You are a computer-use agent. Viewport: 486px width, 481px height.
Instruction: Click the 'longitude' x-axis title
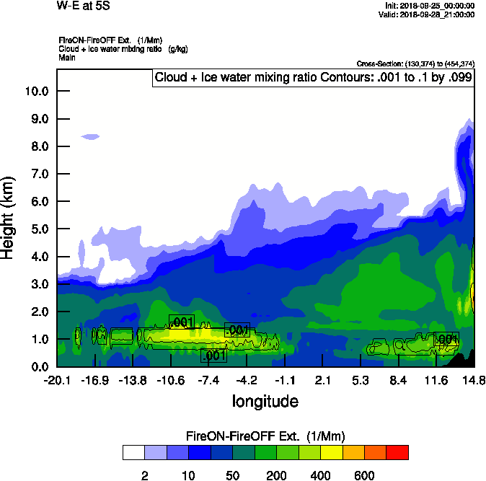click(265, 400)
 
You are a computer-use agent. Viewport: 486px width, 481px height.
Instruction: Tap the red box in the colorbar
click(397, 452)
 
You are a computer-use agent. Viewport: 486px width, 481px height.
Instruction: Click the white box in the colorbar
click(133, 452)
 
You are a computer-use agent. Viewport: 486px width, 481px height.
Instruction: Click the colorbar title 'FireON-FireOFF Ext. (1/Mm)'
click(265, 436)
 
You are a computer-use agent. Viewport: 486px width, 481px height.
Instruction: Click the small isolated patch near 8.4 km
click(91, 136)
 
